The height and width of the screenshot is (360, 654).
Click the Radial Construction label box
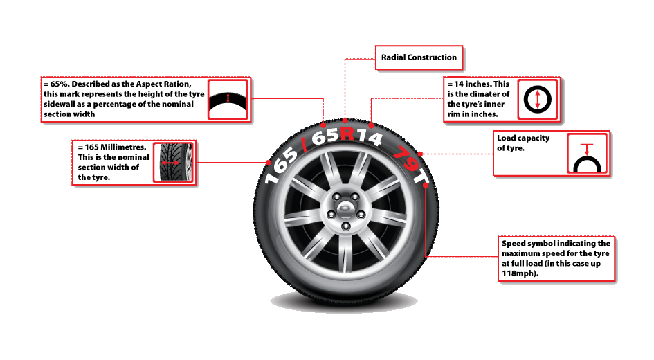coord(419,57)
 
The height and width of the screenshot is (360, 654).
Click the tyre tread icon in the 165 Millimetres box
coord(173,163)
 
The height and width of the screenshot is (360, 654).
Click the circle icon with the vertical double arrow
coord(537,98)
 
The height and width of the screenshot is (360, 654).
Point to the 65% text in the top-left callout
coord(53,84)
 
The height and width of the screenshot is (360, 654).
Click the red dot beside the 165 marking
coord(269,163)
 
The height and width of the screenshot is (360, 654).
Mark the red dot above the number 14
coord(370,125)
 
